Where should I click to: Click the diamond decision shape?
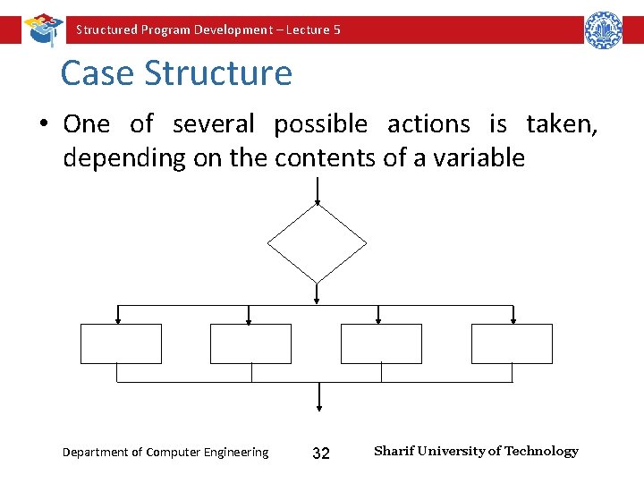point(318,241)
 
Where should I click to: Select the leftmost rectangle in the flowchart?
point(121,343)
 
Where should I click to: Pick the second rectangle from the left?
point(250,343)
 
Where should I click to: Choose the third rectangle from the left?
point(381,343)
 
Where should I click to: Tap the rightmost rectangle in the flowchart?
point(512,343)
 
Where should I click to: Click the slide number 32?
point(320,453)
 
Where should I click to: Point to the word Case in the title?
point(97,73)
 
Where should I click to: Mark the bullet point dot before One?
point(43,124)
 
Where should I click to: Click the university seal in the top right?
point(603,30)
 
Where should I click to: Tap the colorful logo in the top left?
point(41,29)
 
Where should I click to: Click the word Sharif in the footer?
point(392,451)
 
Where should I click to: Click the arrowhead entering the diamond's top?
point(318,201)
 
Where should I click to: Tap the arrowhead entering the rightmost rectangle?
point(513,320)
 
